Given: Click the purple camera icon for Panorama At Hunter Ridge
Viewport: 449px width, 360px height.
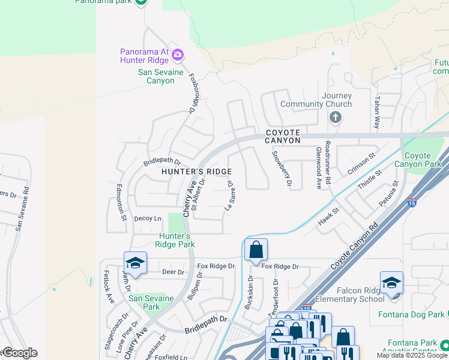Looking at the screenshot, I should (177, 55).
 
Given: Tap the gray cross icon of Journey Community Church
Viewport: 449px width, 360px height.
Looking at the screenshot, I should (336, 117).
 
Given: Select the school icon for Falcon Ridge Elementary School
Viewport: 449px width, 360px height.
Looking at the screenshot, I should (391, 283).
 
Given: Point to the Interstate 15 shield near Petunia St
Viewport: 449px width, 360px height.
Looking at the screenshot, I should (412, 203).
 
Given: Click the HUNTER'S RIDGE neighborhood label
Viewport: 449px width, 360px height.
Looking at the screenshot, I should (196, 172).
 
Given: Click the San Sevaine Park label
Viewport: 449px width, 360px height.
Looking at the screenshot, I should (151, 302).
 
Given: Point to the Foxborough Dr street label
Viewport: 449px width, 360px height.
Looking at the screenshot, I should (193, 94).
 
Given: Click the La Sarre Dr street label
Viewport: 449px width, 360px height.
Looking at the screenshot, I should (229, 197).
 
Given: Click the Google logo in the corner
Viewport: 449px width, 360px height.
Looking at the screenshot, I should (19, 353).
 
